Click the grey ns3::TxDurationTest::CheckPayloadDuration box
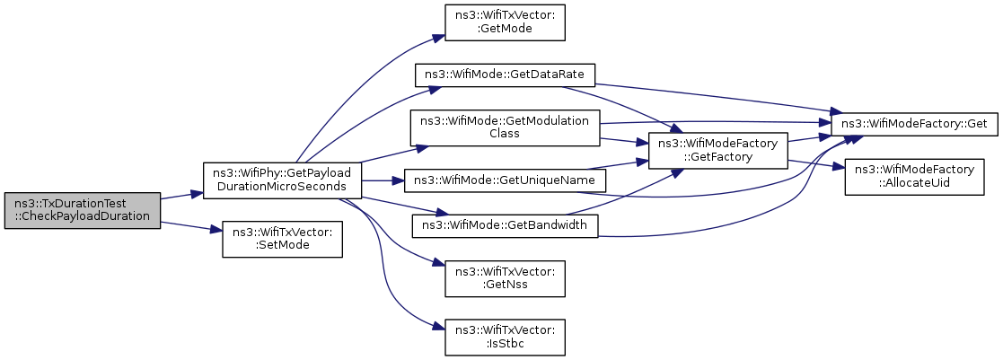pyautogui.click(x=82, y=210)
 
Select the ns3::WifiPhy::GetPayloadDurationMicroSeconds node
pyautogui.click(x=283, y=180)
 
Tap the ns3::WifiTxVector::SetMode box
pyautogui.click(x=282, y=240)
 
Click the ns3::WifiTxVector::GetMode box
pyautogui.click(x=505, y=23)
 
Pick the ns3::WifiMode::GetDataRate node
pyautogui.click(x=506, y=75)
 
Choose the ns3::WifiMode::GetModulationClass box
pyautogui.click(x=505, y=127)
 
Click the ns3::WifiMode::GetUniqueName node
pyautogui.click(x=505, y=180)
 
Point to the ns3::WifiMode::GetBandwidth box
pyautogui.click(x=505, y=225)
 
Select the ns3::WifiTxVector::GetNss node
pyautogui.click(x=505, y=278)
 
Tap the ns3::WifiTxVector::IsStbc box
pyautogui.click(x=505, y=337)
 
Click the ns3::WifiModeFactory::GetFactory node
pyautogui.click(x=717, y=151)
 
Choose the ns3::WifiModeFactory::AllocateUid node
pyautogui.click(x=914, y=177)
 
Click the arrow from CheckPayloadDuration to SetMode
pyautogui.click(x=190, y=227)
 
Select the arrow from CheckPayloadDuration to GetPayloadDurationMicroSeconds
pyautogui.click(x=181, y=194)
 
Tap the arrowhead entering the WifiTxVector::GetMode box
pyautogui.click(x=438, y=37)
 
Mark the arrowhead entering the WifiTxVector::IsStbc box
pyautogui.click(x=438, y=327)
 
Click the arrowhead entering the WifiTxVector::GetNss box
pyautogui.click(x=438, y=263)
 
